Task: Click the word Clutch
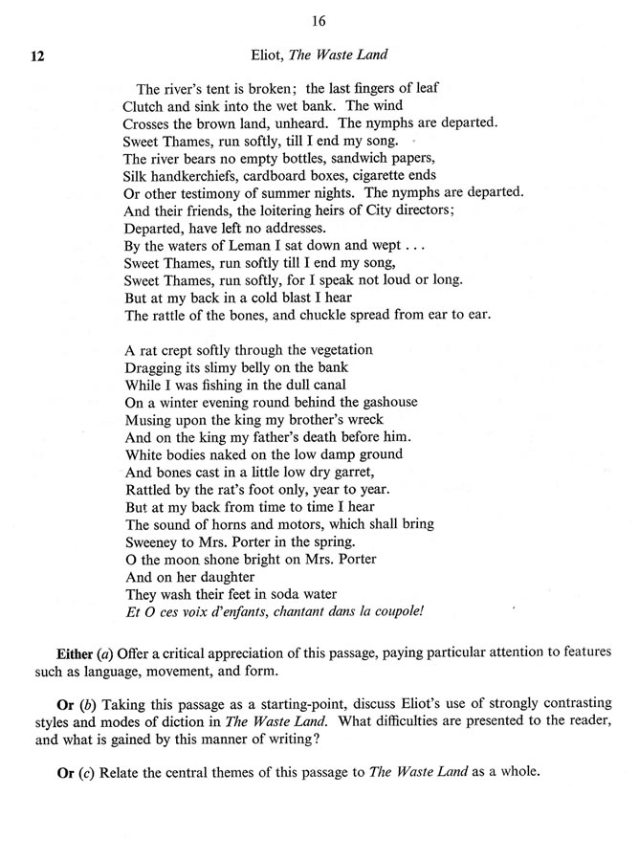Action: (x=145, y=105)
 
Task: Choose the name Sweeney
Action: (x=153, y=541)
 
